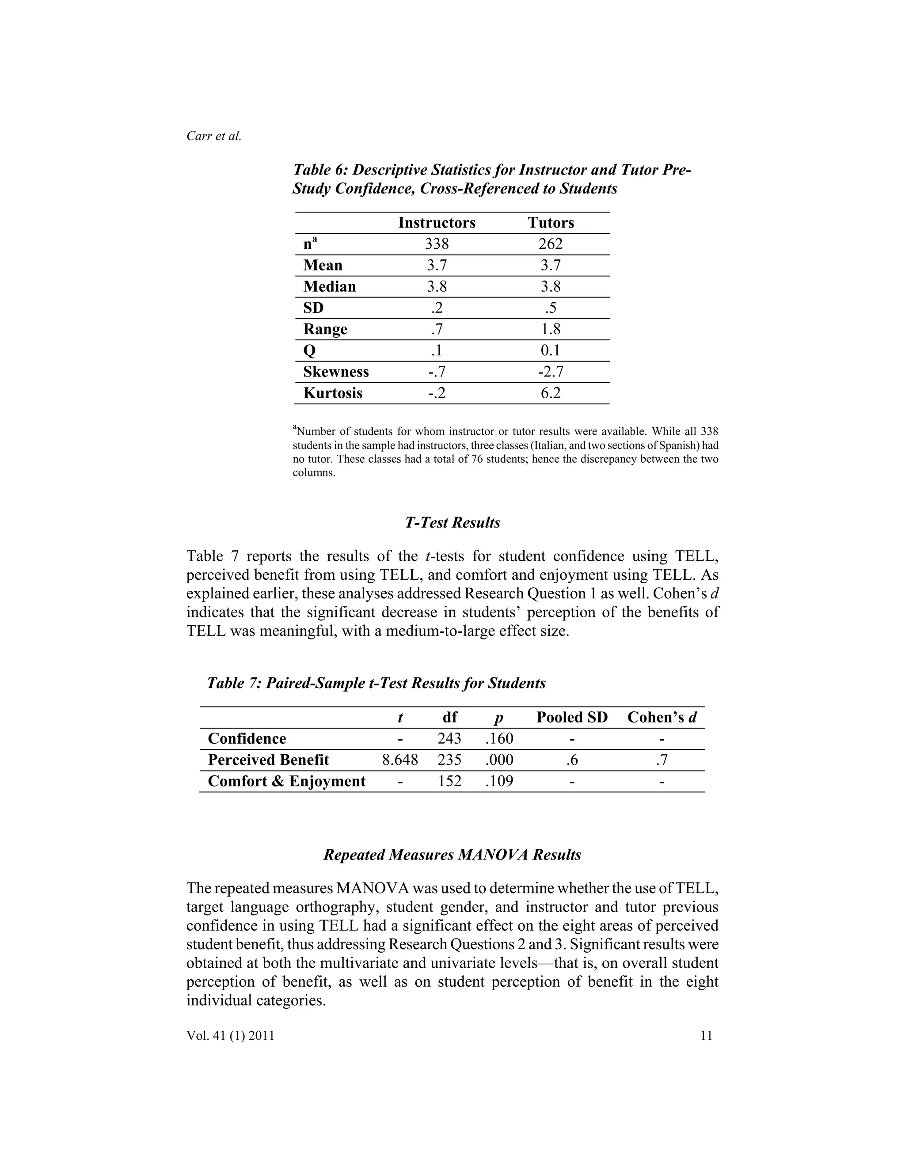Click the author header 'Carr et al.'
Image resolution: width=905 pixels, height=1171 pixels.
[x=214, y=136]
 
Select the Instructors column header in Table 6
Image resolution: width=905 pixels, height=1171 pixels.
[x=437, y=223]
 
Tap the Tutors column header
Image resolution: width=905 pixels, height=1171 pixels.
[x=551, y=223]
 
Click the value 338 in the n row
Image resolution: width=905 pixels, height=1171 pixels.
[x=437, y=244]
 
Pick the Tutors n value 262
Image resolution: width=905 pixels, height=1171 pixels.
[x=551, y=244]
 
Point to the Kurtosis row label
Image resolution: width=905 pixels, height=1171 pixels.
[x=332, y=393]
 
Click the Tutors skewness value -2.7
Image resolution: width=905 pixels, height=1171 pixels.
[x=551, y=372]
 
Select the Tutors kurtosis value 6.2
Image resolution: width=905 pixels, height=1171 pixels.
[x=551, y=393]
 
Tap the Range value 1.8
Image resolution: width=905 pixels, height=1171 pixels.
[x=551, y=329]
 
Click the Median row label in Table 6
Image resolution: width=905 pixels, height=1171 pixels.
[x=329, y=286]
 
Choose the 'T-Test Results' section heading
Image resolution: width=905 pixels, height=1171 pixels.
[x=452, y=523]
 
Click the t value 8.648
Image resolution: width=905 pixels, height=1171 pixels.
[x=400, y=760]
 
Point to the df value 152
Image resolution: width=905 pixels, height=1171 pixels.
[x=449, y=781]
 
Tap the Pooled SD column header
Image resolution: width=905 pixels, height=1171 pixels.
[x=571, y=717]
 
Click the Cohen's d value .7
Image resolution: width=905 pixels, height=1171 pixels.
[x=662, y=760]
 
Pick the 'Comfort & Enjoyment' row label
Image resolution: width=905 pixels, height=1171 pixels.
[x=286, y=781]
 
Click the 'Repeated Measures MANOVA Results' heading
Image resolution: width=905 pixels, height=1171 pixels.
[x=452, y=855]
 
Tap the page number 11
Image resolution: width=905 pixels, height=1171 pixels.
[x=706, y=1035]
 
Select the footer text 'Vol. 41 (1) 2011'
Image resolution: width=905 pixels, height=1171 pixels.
[x=231, y=1035]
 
